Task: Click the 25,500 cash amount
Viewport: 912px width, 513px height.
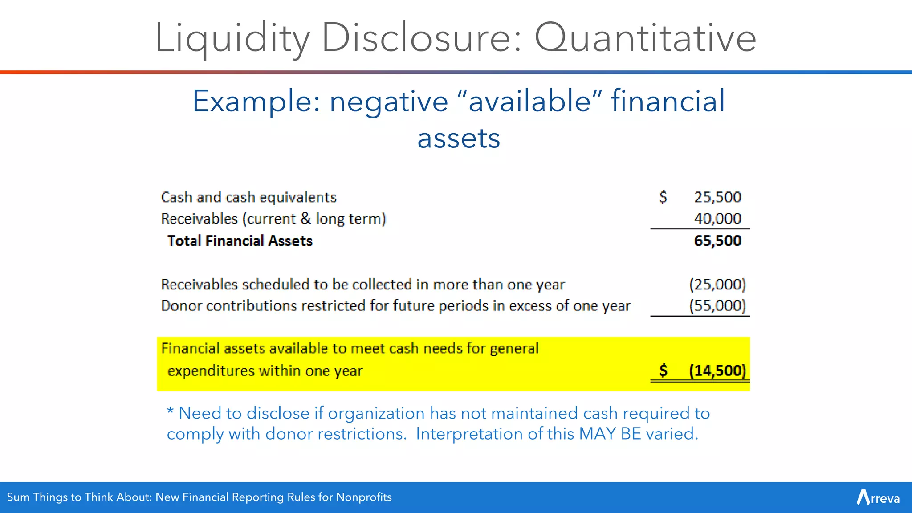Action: pos(717,197)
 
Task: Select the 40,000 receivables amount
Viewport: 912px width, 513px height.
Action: pos(717,218)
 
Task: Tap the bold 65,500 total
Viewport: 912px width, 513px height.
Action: pos(717,240)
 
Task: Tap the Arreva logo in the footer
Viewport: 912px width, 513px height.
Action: pos(878,497)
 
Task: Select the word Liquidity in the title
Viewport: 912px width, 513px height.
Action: pos(232,38)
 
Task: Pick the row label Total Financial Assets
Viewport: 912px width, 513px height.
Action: pos(240,240)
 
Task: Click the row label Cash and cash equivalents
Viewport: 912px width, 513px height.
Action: pos(248,197)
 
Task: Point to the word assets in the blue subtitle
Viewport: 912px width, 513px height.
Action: pos(459,138)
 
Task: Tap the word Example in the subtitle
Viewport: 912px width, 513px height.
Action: pos(256,102)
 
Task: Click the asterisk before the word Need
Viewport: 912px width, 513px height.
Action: pos(170,412)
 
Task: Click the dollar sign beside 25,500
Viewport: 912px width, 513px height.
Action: pos(663,197)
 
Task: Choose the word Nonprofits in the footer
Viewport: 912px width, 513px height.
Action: pos(364,497)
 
